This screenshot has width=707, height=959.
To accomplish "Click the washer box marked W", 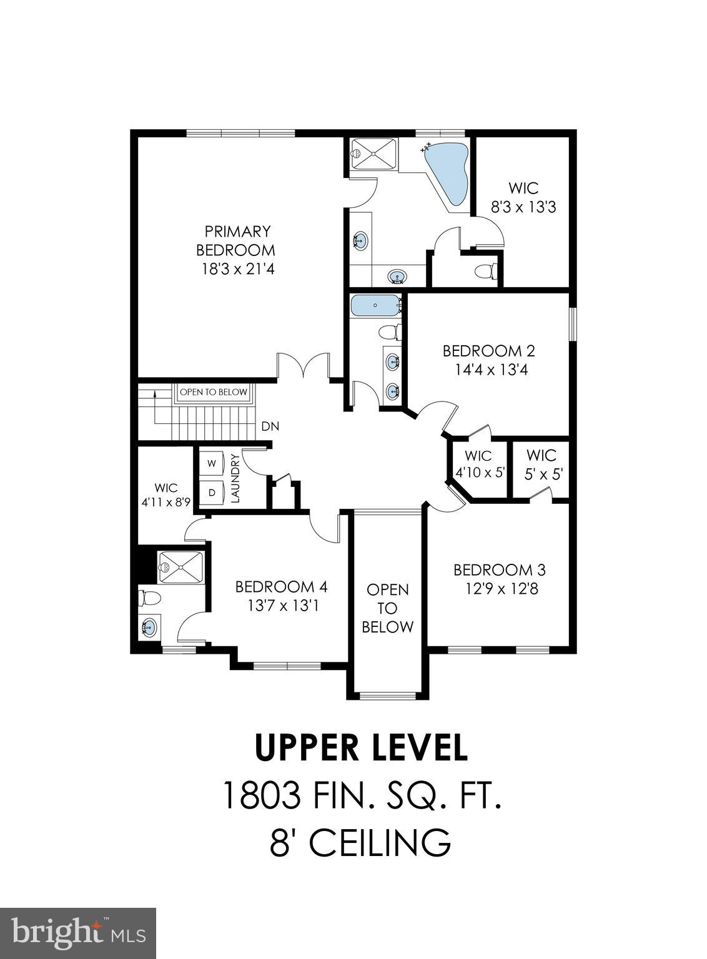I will click(x=212, y=463).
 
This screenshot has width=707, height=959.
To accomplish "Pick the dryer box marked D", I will click(x=212, y=492).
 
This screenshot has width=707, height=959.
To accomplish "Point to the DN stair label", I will click(x=270, y=427).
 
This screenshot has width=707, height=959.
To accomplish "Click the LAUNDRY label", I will click(x=235, y=478).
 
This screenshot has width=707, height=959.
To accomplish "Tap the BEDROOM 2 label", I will click(x=488, y=351).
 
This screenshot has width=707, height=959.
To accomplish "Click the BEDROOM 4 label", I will click(x=281, y=587).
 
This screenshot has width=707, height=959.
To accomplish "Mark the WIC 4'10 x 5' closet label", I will click(x=479, y=465).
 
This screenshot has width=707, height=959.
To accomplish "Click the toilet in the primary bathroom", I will click(x=485, y=272).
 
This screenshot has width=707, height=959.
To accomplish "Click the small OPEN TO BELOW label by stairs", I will click(x=214, y=393).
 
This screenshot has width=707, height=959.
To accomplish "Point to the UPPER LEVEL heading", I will click(x=361, y=747).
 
